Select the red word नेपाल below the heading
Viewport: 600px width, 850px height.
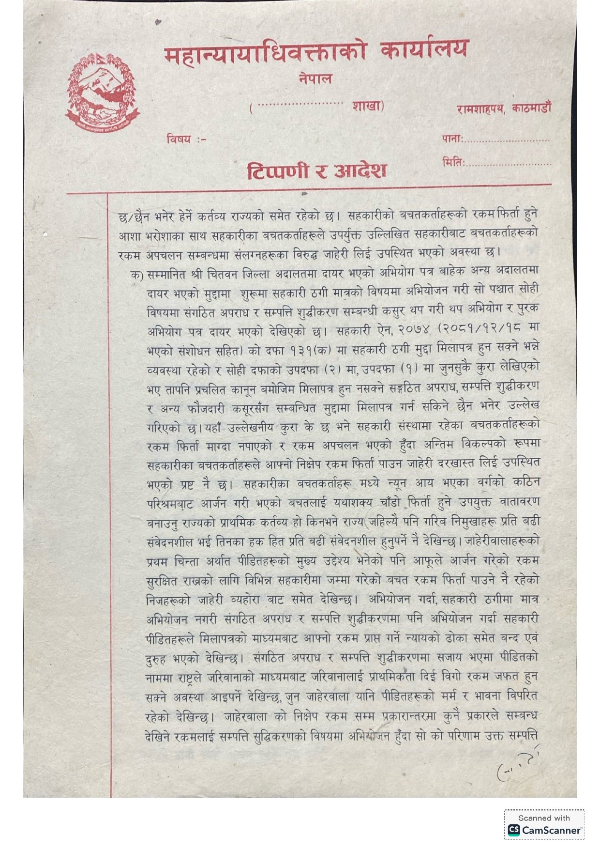pos(315,78)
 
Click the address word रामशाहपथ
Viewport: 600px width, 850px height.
pos(480,109)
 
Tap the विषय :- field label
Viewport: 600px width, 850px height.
pos(186,139)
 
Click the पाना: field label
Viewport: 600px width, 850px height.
pos(452,139)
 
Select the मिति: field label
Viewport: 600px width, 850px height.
pos(453,162)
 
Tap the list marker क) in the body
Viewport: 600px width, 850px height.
pos(136,275)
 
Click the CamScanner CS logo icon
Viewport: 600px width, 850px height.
pos(513,830)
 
